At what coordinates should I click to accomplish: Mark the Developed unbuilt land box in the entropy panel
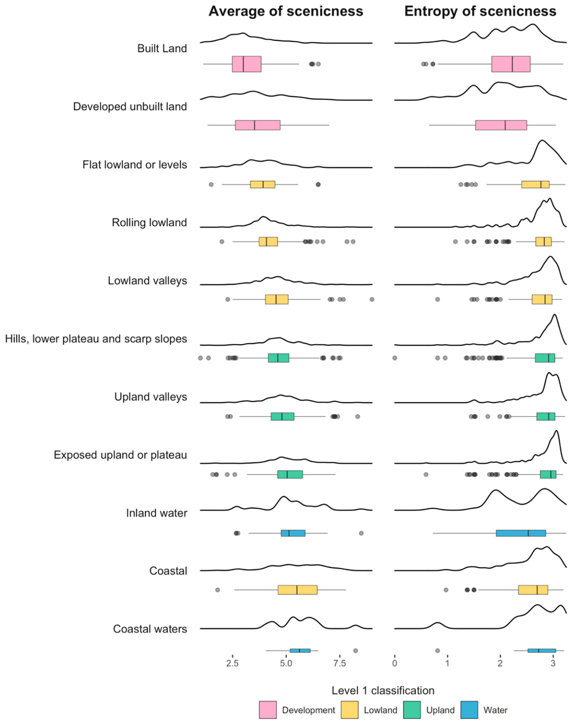coord(501,125)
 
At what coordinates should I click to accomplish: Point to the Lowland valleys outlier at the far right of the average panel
coord(372,299)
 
